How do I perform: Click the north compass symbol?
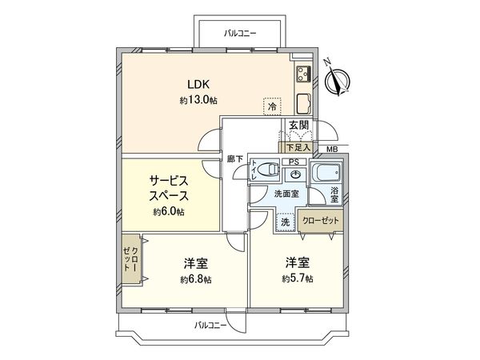click(339, 79)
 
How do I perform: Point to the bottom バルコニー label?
click(210, 326)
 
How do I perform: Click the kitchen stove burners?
click(304, 75)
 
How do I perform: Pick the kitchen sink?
click(305, 103)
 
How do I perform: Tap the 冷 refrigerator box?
click(273, 106)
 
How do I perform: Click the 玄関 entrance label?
click(298, 125)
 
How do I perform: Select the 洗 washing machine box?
click(284, 222)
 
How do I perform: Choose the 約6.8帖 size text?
click(196, 279)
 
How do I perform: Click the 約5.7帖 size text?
click(297, 278)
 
